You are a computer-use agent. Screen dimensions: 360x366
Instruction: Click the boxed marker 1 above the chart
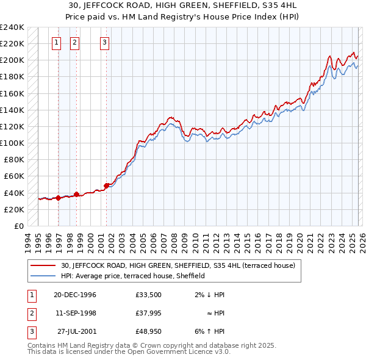(x=57, y=43)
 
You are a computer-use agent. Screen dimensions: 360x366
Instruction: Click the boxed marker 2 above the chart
(x=74, y=43)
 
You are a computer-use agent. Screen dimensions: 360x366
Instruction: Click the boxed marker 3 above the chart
(x=104, y=43)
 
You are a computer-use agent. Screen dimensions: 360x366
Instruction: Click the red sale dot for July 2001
(x=106, y=185)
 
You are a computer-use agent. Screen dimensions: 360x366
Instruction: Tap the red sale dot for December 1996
(x=59, y=198)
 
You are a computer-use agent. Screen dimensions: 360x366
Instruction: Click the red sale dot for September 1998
(x=77, y=194)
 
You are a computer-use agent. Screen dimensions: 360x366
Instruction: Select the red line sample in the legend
(x=43, y=266)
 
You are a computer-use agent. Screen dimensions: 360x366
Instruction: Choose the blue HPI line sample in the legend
(x=43, y=276)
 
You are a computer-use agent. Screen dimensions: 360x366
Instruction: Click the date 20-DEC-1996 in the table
(x=75, y=295)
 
